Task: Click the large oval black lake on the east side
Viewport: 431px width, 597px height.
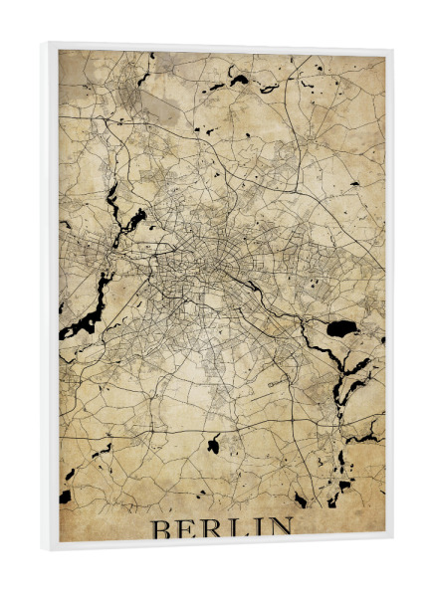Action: point(341,327)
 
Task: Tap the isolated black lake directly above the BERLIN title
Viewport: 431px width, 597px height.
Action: point(212,445)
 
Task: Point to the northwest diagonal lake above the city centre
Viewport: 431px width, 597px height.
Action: point(135,215)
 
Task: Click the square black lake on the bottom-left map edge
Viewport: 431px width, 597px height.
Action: point(66,496)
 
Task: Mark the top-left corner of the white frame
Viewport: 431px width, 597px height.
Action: point(43,44)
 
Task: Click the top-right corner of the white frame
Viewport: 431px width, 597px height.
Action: point(391,50)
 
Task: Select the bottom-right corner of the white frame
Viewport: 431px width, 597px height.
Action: point(391,545)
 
